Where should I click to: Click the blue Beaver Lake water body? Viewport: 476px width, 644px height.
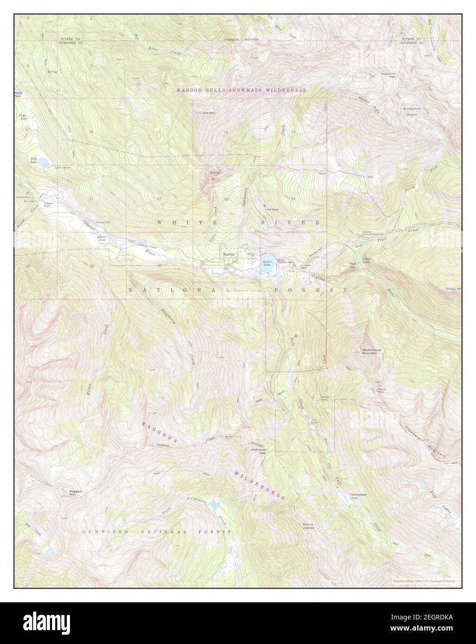click(x=267, y=259)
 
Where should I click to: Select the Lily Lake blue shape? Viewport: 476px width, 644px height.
click(x=42, y=162)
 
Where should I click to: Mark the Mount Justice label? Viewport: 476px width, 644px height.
click(x=308, y=526)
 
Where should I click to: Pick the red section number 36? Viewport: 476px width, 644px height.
click(x=296, y=335)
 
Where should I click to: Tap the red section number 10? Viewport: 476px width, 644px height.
click(x=138, y=84)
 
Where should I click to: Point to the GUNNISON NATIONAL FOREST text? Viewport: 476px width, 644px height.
click(x=157, y=532)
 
